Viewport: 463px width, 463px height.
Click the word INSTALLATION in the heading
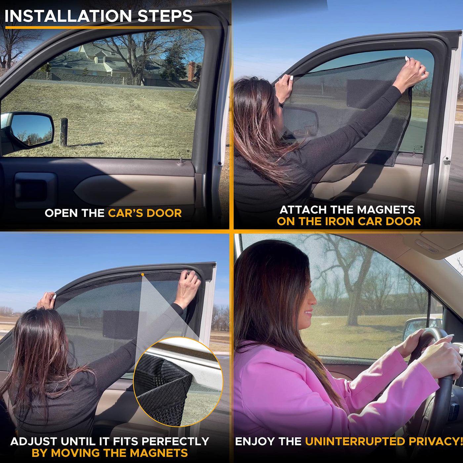(68, 16)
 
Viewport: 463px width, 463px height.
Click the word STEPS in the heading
(165, 16)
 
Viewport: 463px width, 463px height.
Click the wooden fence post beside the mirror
(63, 132)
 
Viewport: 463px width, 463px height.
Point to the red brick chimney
(191, 71)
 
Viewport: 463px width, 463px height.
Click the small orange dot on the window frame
(143, 274)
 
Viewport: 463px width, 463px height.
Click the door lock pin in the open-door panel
(181, 160)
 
